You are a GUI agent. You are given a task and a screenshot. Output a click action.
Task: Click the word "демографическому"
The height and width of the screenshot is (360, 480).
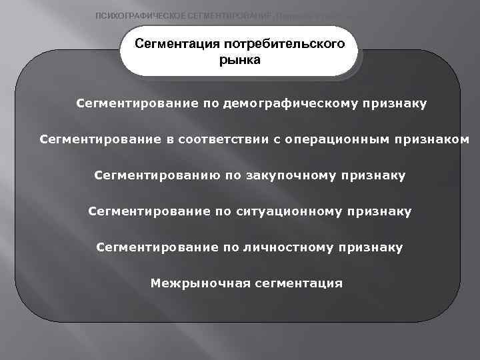[x=290, y=104]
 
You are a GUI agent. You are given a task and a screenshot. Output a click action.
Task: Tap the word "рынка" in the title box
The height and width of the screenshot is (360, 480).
[x=239, y=60]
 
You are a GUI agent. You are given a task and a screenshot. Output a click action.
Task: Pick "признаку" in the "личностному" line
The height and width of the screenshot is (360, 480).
[x=371, y=248]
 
